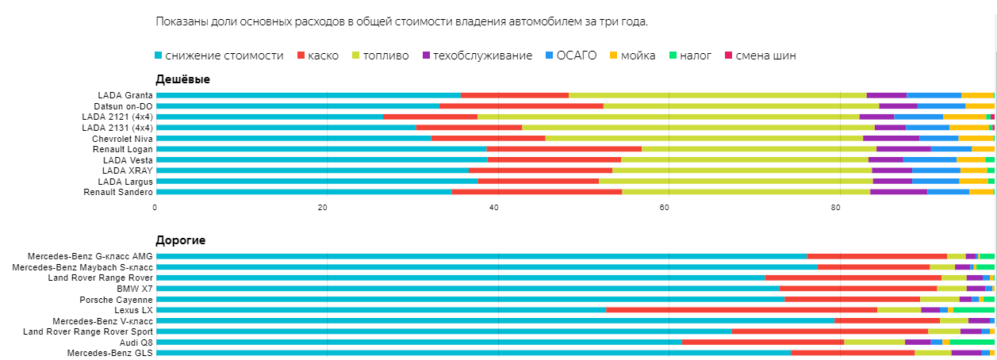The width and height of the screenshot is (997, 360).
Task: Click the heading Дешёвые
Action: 182,79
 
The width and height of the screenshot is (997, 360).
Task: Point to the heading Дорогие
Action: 181,239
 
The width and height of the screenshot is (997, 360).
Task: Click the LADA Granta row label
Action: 125,95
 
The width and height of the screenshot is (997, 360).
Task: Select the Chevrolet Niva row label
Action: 122,138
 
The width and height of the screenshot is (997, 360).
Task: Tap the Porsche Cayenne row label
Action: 116,300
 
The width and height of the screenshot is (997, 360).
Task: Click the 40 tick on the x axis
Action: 493,207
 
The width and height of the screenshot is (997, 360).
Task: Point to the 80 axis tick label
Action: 835,207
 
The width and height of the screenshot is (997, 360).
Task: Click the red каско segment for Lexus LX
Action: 741,310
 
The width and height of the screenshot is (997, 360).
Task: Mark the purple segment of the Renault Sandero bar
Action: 899,192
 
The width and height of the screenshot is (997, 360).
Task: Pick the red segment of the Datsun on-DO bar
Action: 521,105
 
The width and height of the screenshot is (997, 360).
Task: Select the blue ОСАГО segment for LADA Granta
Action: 934,95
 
